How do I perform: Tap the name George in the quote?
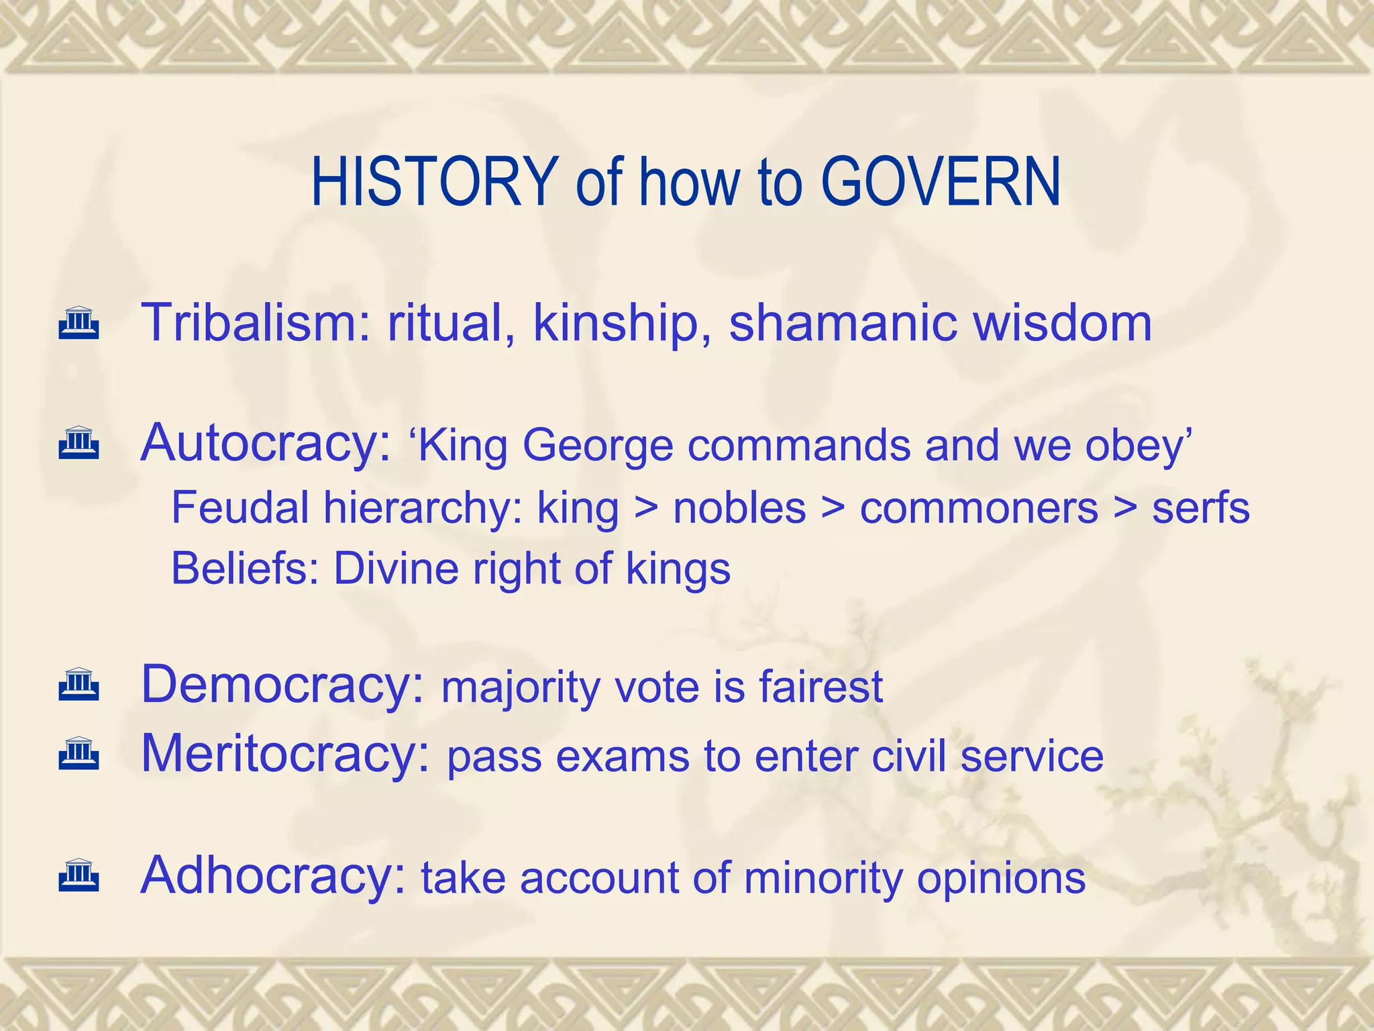click(598, 446)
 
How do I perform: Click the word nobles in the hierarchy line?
click(739, 508)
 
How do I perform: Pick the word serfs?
click(1201, 508)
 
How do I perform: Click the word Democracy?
click(282, 685)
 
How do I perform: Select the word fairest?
click(821, 687)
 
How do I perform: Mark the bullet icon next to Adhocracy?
click(79, 875)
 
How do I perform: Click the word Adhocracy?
click(273, 875)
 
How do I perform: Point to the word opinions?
click(1001, 879)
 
